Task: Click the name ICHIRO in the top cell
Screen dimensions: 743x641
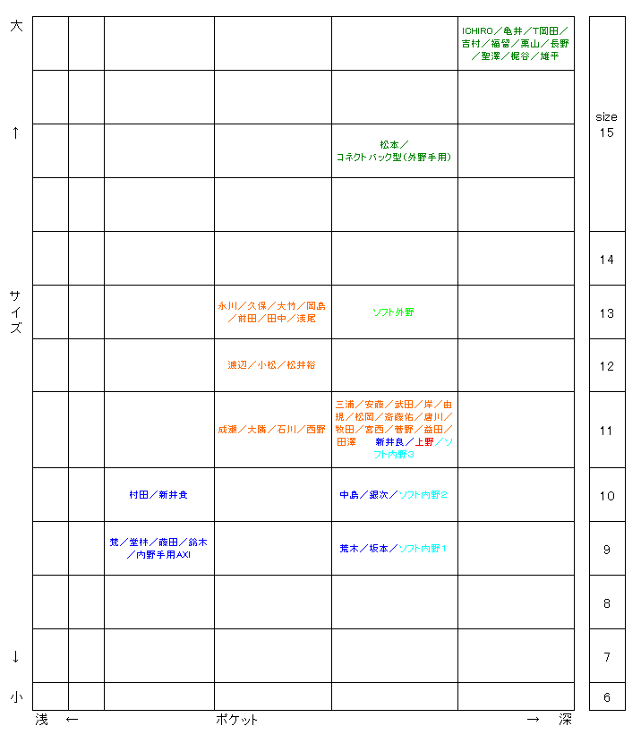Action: (x=476, y=30)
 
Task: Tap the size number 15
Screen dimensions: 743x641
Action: (x=607, y=133)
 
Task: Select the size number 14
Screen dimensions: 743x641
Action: (x=607, y=260)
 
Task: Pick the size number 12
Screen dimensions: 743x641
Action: (x=607, y=366)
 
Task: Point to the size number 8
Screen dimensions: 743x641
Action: (x=607, y=603)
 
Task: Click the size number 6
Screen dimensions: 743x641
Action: (x=607, y=697)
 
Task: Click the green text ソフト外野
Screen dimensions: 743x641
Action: (x=394, y=312)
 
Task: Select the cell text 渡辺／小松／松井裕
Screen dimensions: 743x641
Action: (x=271, y=365)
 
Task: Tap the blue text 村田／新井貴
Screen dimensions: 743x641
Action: (x=158, y=495)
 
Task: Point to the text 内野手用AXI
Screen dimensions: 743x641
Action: (x=163, y=555)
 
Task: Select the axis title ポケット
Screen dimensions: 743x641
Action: (x=237, y=720)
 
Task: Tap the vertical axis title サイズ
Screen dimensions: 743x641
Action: (x=15, y=312)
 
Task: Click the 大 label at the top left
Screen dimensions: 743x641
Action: (x=15, y=27)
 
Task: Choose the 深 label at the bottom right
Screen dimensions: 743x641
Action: (x=565, y=720)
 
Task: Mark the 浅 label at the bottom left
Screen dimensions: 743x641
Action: (x=41, y=720)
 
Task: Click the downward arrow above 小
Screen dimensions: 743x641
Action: (x=15, y=656)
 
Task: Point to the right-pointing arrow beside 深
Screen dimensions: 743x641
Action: (x=534, y=720)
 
